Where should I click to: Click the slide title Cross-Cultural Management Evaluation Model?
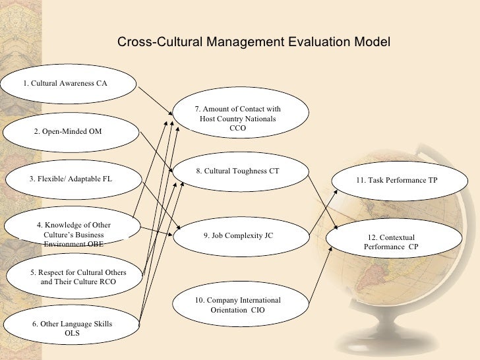point(254,42)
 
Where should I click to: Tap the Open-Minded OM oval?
point(69,131)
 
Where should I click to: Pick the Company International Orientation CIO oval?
point(238,305)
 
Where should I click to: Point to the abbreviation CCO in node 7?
point(238,129)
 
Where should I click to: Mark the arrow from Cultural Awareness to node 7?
point(156,100)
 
